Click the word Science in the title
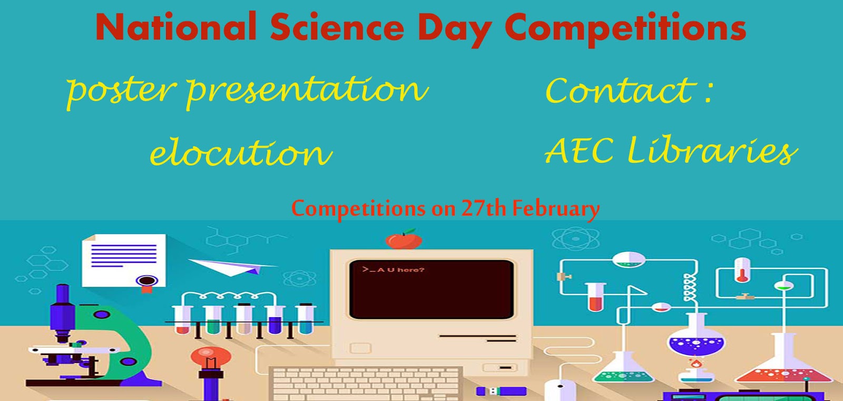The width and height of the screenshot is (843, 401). pyautogui.click(x=337, y=27)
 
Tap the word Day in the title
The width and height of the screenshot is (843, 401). pyautogui.click(x=454, y=28)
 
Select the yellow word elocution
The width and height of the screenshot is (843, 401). pyautogui.click(x=241, y=152)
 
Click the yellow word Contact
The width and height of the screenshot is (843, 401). pyautogui.click(x=620, y=91)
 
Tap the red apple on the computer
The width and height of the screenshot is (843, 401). pyautogui.click(x=404, y=240)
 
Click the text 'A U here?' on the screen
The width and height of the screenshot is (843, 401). pyautogui.click(x=400, y=270)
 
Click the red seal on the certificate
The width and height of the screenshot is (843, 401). pyautogui.click(x=147, y=281)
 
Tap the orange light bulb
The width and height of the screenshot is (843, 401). pyautogui.click(x=210, y=358)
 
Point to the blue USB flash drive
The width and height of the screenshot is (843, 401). pyautogui.click(x=501, y=391)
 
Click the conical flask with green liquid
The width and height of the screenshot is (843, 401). pyautogui.click(x=623, y=369)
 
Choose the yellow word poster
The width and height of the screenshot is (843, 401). pyautogui.click(x=120, y=90)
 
